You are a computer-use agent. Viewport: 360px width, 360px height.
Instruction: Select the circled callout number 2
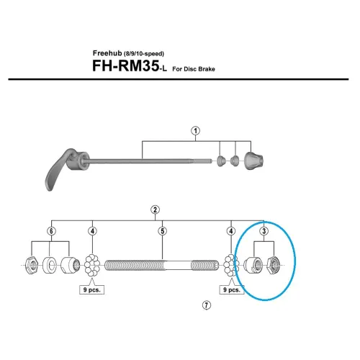pyautogui.click(x=155, y=210)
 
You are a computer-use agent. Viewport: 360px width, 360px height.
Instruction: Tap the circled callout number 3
pyautogui.click(x=264, y=230)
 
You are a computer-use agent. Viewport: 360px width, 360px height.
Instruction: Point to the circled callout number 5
pyautogui.click(x=163, y=230)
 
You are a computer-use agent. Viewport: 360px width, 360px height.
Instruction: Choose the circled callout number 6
pyautogui.click(x=50, y=230)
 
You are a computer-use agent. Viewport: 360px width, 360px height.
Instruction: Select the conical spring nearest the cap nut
pyautogui.click(x=235, y=162)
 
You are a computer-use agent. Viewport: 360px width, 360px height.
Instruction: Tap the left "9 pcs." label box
pyautogui.click(x=92, y=292)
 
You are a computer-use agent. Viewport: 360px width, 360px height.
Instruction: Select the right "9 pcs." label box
pyautogui.click(x=231, y=292)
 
